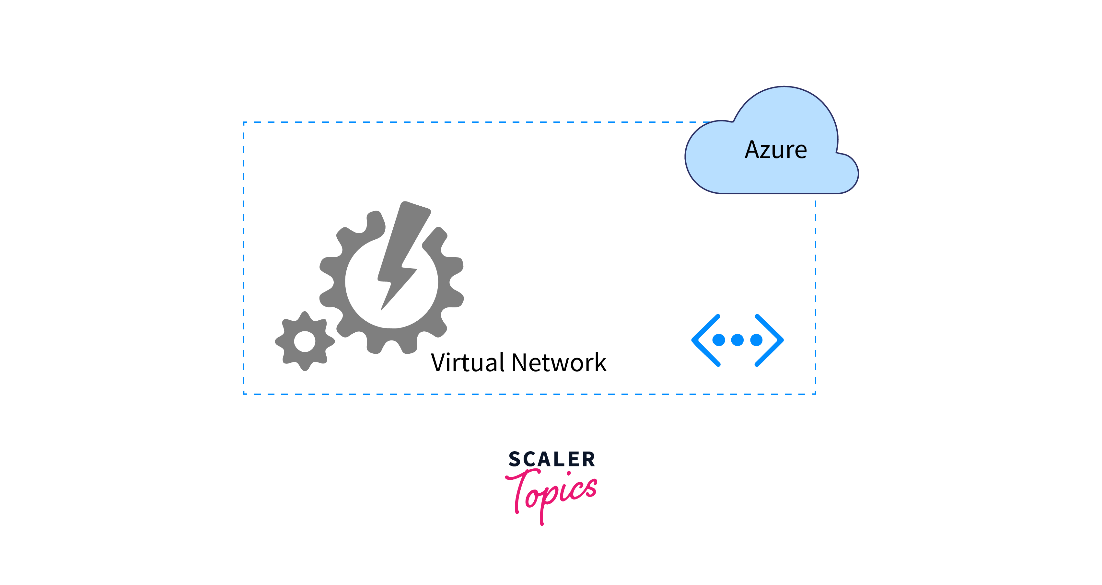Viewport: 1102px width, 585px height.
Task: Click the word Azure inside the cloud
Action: pos(776,150)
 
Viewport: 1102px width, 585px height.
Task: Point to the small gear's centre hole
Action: pos(305,342)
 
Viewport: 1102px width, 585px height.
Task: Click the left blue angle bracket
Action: pos(705,340)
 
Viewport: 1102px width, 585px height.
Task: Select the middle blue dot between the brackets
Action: pos(737,340)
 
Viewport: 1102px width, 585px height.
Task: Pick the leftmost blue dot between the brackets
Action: pos(719,340)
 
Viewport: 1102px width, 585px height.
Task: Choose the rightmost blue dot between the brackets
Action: pos(756,340)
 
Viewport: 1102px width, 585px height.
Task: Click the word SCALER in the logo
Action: pos(552,459)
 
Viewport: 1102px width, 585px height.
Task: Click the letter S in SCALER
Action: pos(515,459)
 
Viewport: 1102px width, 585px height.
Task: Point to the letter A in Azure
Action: pos(753,150)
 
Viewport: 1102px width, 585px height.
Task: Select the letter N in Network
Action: pos(521,363)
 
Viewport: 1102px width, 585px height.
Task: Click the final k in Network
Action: pos(600,363)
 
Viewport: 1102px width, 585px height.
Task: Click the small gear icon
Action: pos(305,342)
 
